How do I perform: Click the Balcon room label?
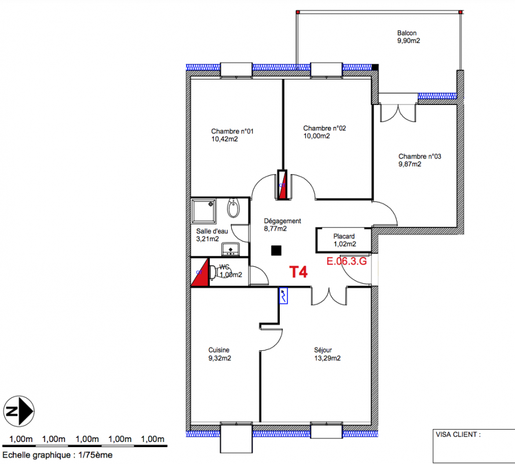click(407, 33)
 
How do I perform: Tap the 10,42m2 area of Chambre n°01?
click(225, 139)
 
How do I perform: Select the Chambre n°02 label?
click(324, 128)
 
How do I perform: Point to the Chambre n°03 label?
click(420, 157)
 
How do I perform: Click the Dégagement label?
click(283, 221)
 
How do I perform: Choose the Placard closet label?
click(344, 236)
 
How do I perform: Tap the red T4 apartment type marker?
click(298, 272)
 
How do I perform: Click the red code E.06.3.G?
click(346, 261)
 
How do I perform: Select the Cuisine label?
click(219, 350)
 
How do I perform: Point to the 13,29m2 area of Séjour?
click(327, 358)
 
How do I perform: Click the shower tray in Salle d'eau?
click(204, 211)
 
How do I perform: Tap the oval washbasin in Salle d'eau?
click(233, 208)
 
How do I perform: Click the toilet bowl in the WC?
click(214, 272)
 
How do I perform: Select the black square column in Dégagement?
click(276, 251)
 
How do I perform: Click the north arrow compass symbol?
click(19, 411)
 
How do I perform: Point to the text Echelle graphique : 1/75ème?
click(57, 455)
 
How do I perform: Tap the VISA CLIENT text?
click(458, 434)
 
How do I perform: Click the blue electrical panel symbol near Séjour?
click(283, 296)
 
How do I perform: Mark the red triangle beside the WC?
click(200, 272)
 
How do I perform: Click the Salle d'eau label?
click(212, 231)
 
